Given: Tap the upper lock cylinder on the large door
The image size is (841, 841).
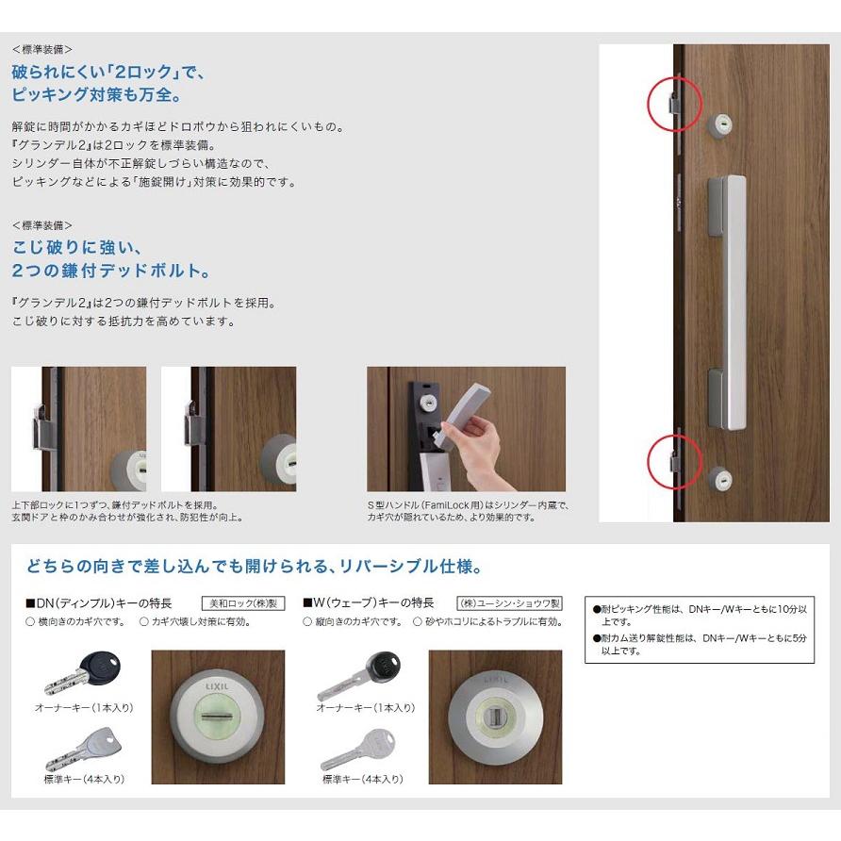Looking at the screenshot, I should (720, 124).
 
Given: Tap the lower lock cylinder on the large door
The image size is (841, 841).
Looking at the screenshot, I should (719, 479).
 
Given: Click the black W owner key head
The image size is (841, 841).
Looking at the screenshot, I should (382, 665).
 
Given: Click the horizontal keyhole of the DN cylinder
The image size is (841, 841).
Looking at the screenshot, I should (219, 719).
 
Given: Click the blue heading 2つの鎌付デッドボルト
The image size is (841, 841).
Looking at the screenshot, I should (110, 271).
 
